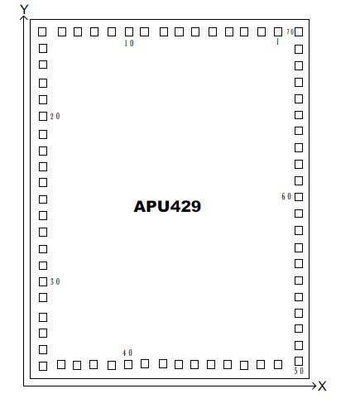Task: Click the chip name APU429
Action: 167,206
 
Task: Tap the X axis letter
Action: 323,386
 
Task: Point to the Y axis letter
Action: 24,9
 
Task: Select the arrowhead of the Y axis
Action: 24,19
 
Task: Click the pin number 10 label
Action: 128,44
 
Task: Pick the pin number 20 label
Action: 55,117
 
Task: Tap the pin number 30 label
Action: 55,282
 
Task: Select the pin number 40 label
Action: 127,353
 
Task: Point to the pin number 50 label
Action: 299,372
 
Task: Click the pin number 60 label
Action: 286,197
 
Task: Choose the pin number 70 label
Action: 290,32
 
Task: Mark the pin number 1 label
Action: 277,42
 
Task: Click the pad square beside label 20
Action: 43,117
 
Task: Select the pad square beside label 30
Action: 43,282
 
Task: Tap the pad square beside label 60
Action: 299,197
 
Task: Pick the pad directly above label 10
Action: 128,32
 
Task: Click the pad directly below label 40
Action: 127,365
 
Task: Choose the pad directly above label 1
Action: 277,32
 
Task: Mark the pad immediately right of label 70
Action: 299,32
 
